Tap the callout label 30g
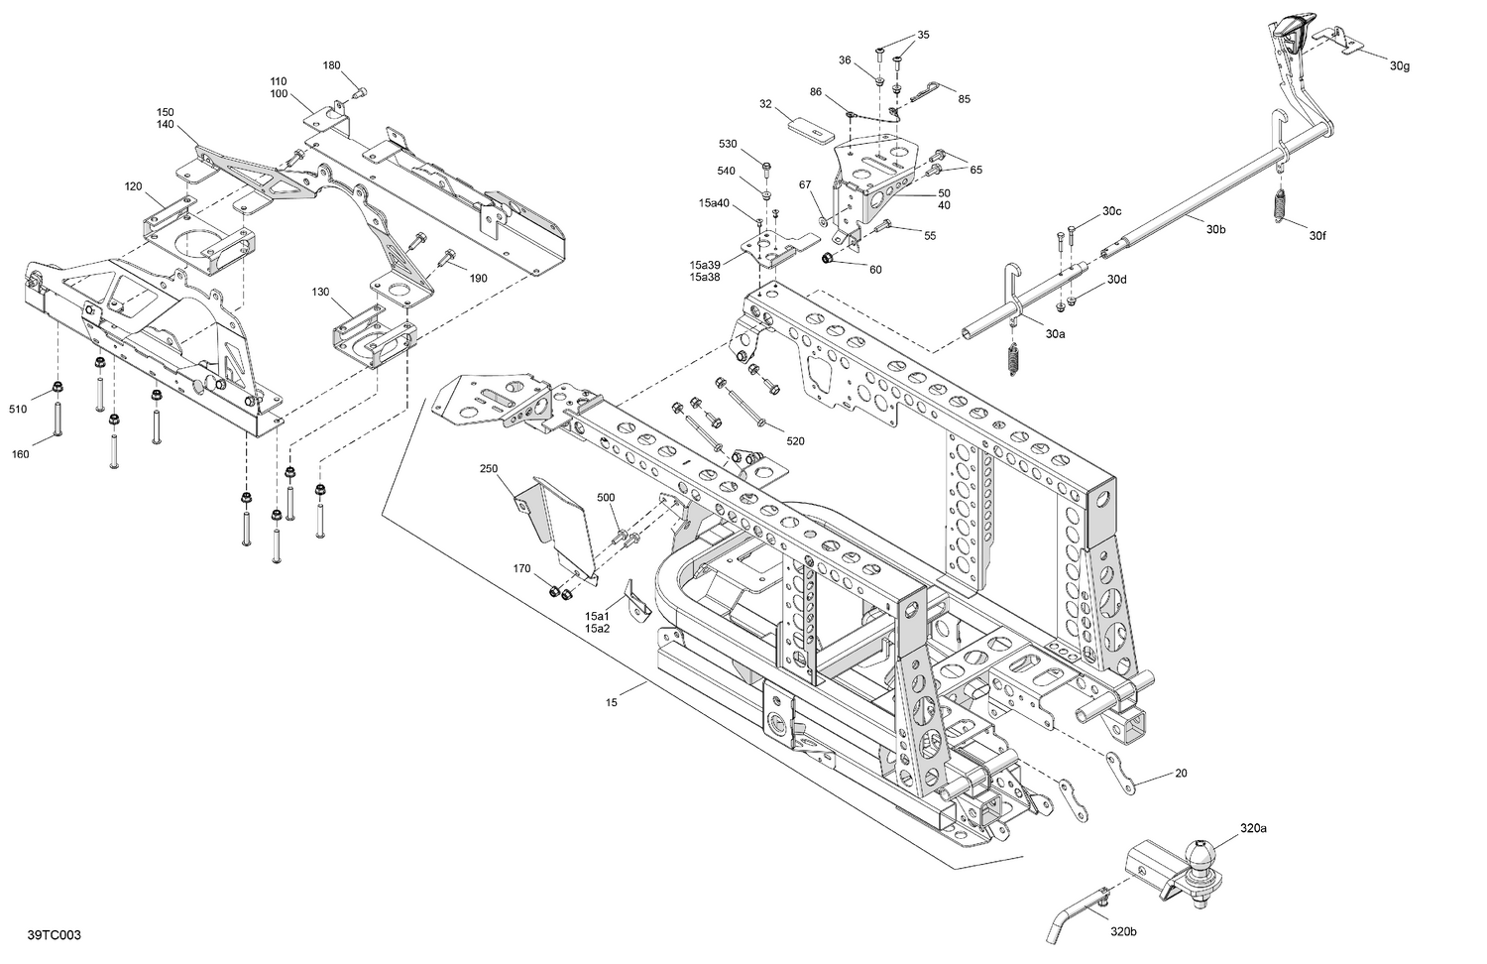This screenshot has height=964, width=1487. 1399,65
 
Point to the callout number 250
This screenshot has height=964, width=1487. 488,468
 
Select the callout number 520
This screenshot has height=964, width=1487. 795,440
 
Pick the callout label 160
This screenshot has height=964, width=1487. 20,454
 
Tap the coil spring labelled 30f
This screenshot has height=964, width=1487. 1282,204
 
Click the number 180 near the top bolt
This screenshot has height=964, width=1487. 332,65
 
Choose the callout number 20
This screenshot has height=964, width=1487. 1180,773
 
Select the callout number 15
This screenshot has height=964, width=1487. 612,702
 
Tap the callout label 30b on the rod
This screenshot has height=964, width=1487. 1216,229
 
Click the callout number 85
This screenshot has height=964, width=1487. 964,98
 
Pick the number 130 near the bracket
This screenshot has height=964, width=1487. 320,292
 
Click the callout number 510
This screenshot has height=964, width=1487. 18,409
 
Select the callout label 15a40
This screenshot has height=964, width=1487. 713,202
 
